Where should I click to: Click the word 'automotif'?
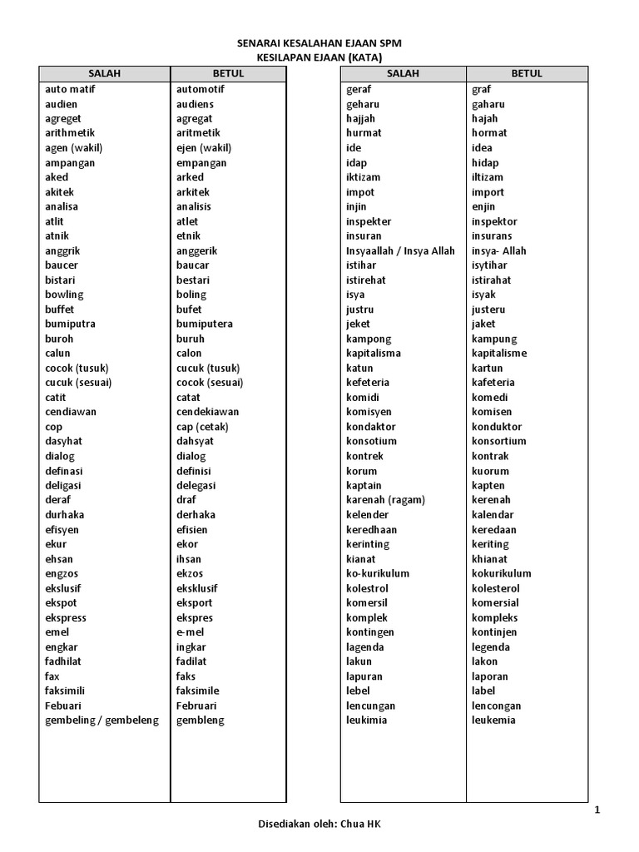[x=201, y=89]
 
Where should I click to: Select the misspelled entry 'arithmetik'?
[x=70, y=133]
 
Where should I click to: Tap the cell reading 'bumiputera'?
[x=204, y=324]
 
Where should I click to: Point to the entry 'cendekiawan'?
[x=207, y=412]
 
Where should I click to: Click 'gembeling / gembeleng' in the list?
[x=102, y=721]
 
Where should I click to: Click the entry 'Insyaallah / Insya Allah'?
[x=400, y=250]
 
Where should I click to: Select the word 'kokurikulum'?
[x=501, y=573]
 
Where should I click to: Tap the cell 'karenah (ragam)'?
[x=385, y=500]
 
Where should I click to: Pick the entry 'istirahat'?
[x=492, y=280]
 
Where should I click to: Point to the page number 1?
[x=597, y=810]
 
